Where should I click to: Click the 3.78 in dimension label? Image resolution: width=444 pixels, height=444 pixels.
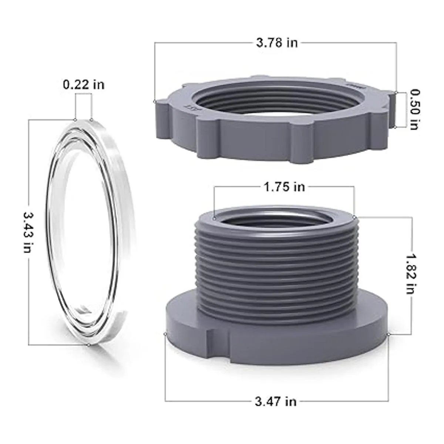click(277, 43)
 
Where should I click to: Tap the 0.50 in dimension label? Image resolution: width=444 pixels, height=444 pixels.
click(414, 110)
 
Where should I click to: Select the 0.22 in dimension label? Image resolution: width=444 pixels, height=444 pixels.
click(84, 85)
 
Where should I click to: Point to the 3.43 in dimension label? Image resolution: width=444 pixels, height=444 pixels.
click(29, 232)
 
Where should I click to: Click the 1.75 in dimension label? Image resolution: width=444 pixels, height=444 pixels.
click(284, 187)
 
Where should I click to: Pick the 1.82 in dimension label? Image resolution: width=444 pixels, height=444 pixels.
click(411, 274)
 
